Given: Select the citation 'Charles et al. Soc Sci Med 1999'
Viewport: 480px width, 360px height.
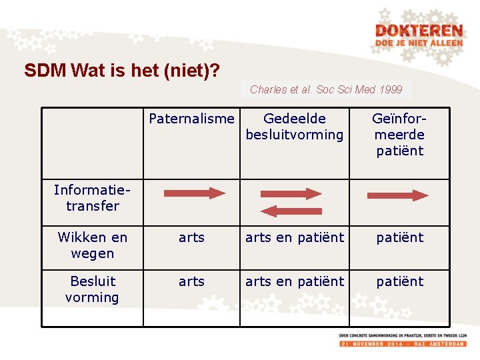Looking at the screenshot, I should tap(326, 89).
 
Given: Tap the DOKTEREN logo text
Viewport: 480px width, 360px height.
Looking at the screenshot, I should tap(418, 31).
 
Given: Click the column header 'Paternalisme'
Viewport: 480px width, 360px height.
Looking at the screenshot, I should tap(191, 119).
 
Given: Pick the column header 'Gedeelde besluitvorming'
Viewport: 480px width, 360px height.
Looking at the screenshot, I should tap(294, 127).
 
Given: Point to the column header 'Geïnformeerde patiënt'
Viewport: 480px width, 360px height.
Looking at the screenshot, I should tap(399, 135).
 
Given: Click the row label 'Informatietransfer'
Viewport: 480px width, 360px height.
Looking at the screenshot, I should tap(92, 198).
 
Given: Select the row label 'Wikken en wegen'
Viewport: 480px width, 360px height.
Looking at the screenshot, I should tap(92, 245).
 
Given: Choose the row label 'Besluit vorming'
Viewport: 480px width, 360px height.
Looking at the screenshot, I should tap(92, 289).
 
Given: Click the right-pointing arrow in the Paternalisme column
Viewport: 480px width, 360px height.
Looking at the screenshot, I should tap(195, 193).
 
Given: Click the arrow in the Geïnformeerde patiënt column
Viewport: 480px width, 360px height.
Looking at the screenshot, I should tap(398, 195).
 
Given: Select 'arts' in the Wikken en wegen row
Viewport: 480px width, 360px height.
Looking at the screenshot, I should tap(191, 237).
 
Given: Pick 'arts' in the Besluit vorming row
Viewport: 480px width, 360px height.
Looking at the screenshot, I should tap(191, 281).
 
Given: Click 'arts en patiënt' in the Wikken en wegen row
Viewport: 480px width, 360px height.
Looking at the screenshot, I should tap(294, 237).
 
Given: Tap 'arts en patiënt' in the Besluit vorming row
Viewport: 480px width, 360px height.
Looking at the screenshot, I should tap(294, 281).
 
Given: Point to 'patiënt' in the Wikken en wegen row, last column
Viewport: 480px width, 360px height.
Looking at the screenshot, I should tap(399, 237).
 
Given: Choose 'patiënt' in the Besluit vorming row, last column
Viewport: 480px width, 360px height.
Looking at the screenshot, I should tap(399, 281).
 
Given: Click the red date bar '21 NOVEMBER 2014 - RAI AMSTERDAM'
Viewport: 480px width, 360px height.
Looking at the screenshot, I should tap(402, 343).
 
